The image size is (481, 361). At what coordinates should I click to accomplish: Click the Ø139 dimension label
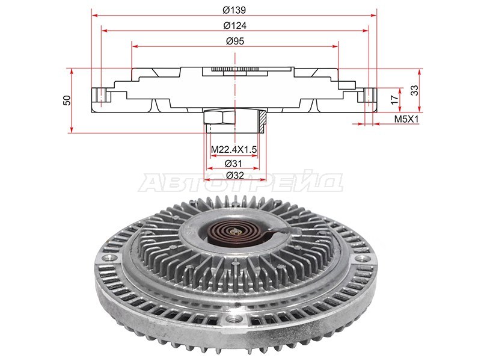(x=234, y=10)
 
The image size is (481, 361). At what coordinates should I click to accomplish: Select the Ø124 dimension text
(x=234, y=25)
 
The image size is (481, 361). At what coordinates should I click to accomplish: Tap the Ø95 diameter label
(x=235, y=41)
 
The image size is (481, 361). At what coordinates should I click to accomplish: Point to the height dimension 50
(x=67, y=100)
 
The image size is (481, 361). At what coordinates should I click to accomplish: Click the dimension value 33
(x=414, y=90)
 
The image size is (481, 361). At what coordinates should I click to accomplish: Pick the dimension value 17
(x=394, y=99)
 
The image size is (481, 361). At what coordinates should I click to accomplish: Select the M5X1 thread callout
(x=406, y=119)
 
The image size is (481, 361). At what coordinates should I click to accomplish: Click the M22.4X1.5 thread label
(x=234, y=149)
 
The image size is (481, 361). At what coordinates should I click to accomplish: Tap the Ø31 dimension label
(x=233, y=163)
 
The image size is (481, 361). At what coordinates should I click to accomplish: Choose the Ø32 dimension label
(x=235, y=175)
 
